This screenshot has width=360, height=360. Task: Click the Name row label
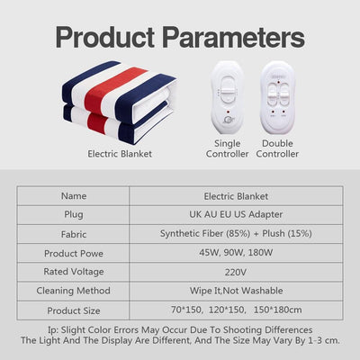73,194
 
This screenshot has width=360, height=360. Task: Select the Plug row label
73,214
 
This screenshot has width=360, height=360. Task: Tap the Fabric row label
73,233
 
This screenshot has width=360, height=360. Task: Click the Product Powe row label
73,252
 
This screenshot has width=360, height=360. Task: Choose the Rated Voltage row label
73,271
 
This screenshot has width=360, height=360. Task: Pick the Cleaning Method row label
73,291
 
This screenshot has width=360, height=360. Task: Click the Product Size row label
73,310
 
